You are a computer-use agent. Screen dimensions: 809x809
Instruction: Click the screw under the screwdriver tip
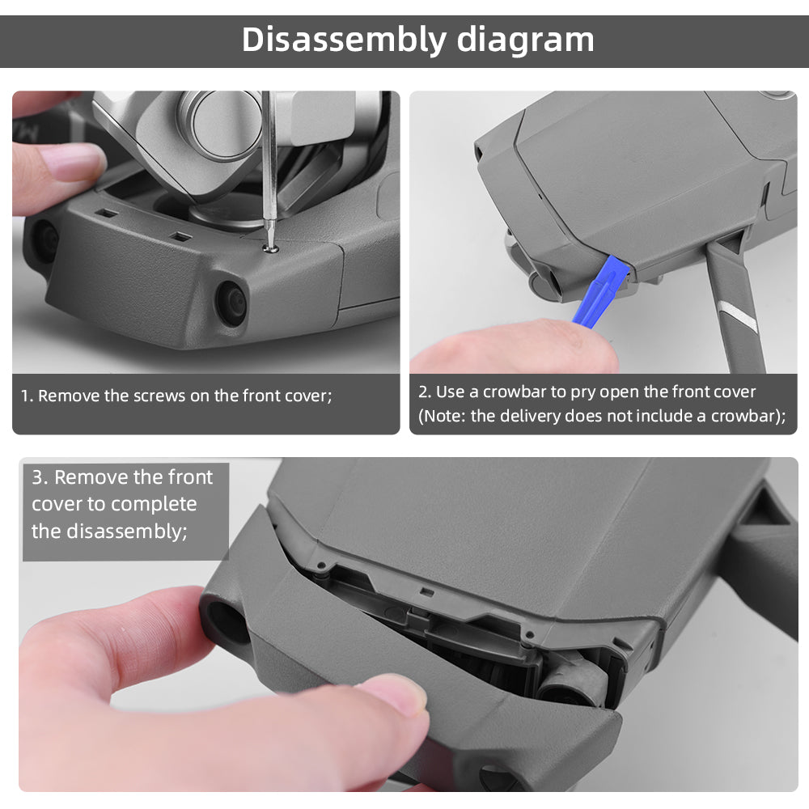[272, 247]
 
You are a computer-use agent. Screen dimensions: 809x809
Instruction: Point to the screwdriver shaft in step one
[268, 162]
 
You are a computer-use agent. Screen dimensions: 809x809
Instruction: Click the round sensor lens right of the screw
[231, 302]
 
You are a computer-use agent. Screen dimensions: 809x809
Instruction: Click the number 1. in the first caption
[28, 396]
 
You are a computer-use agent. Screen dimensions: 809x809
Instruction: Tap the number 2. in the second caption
[425, 392]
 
